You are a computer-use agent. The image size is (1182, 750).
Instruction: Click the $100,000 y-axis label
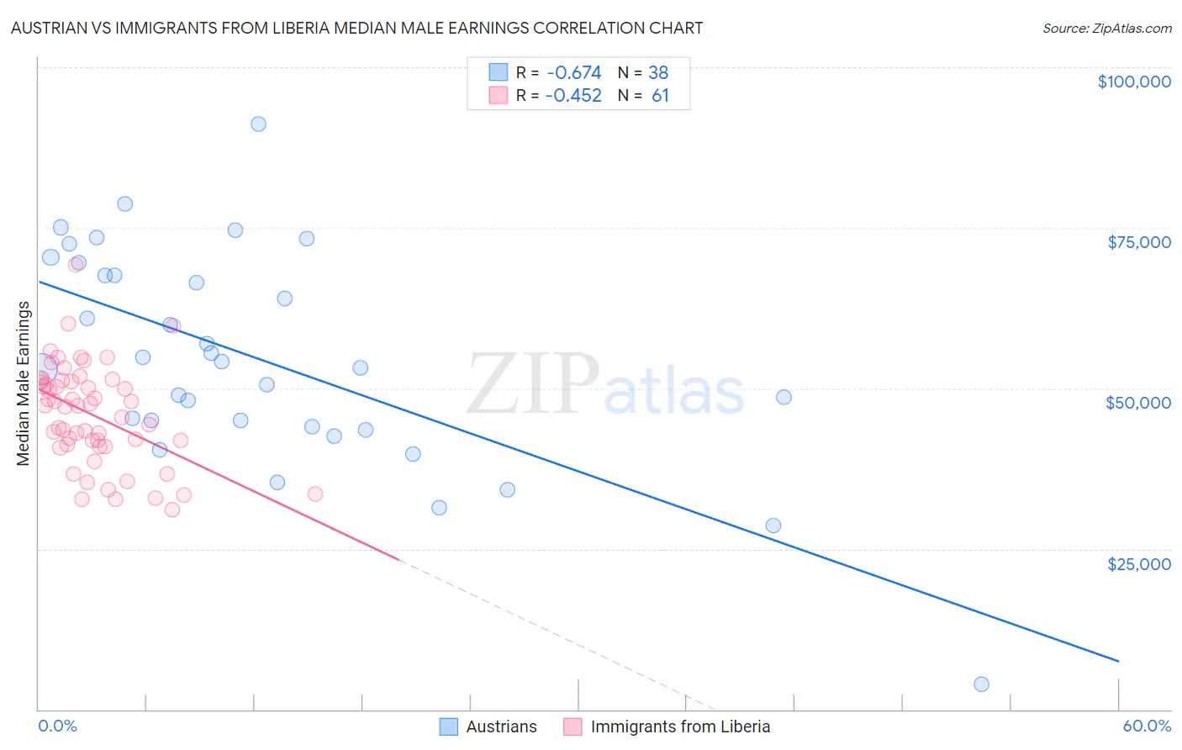tap(1134, 82)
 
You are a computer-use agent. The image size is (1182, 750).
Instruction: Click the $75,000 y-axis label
tap(1139, 242)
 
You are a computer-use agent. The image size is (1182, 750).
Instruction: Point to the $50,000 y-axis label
tap(1138, 403)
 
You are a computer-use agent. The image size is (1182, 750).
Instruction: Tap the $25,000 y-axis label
tap(1139, 563)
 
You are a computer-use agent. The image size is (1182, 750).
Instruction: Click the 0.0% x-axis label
tap(57, 726)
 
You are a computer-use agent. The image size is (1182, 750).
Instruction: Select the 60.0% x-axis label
tap(1147, 726)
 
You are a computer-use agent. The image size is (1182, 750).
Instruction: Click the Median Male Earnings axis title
tap(24, 383)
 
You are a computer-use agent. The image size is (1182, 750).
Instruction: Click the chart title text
tap(356, 28)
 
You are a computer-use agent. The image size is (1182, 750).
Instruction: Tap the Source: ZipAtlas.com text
tap(1106, 29)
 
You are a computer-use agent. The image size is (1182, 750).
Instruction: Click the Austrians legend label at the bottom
tap(501, 726)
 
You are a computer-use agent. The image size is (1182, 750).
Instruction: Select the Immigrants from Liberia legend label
tap(680, 726)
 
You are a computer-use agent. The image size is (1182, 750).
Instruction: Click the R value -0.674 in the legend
tap(573, 73)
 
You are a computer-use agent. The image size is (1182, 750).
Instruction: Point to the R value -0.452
tap(573, 96)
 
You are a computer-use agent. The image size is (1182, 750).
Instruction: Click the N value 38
tap(658, 73)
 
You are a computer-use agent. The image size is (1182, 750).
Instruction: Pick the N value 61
tap(660, 96)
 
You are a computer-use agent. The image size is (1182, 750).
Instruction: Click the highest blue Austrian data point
tap(258, 124)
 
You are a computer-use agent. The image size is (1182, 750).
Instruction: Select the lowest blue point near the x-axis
tap(981, 684)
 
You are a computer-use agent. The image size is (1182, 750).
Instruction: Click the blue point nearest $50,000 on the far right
tap(784, 397)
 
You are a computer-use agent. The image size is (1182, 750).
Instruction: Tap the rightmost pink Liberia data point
tap(315, 494)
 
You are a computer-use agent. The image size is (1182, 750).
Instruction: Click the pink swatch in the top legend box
tap(499, 96)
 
